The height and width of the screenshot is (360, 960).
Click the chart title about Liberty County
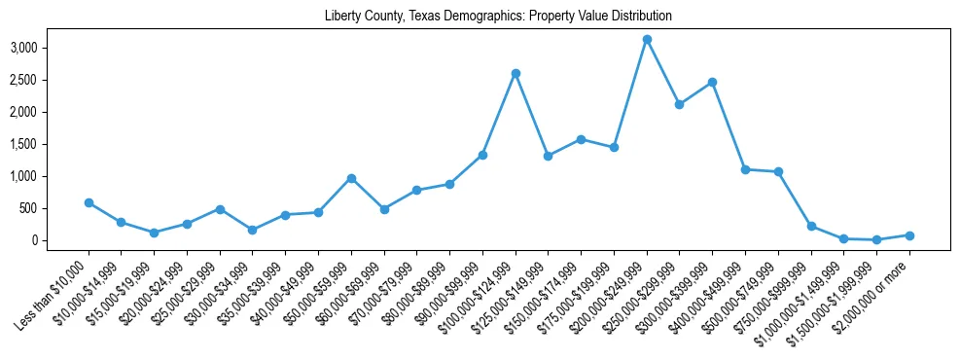point(498,17)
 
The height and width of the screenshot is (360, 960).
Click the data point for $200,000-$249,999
point(647,40)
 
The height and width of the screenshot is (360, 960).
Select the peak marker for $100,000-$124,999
point(516,73)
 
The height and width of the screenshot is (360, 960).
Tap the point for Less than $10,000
point(89,203)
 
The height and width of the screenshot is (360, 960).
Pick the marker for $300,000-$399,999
point(712,83)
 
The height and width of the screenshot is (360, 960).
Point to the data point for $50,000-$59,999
point(351,178)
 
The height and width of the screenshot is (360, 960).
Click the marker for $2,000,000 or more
point(909,235)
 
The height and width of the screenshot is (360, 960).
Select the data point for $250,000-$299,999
point(679,104)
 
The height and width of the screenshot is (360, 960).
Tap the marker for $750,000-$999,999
point(810,226)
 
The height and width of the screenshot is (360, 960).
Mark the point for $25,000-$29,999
point(220,209)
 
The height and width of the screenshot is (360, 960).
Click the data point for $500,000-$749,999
point(778,172)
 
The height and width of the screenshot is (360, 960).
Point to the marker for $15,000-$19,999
point(154,233)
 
